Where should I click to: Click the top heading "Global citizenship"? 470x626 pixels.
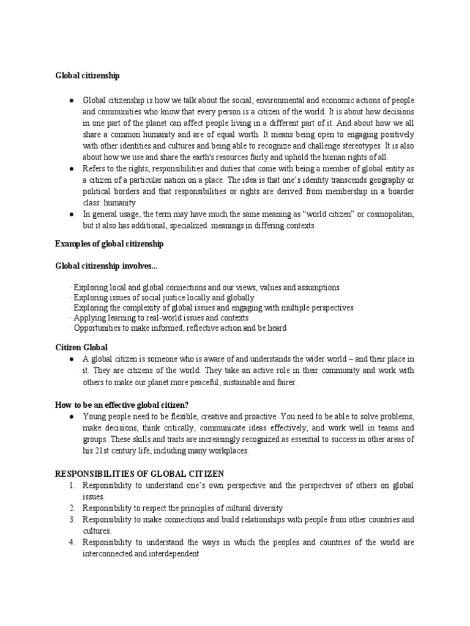coord(88,76)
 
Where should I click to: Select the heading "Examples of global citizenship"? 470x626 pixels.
coord(109,244)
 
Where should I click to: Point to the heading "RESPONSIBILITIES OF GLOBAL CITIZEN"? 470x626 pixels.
coord(140,474)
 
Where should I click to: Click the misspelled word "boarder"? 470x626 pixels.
coord(400,191)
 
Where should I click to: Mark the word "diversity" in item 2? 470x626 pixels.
coord(266,508)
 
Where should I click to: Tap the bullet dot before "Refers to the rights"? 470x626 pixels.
coord(72,168)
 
